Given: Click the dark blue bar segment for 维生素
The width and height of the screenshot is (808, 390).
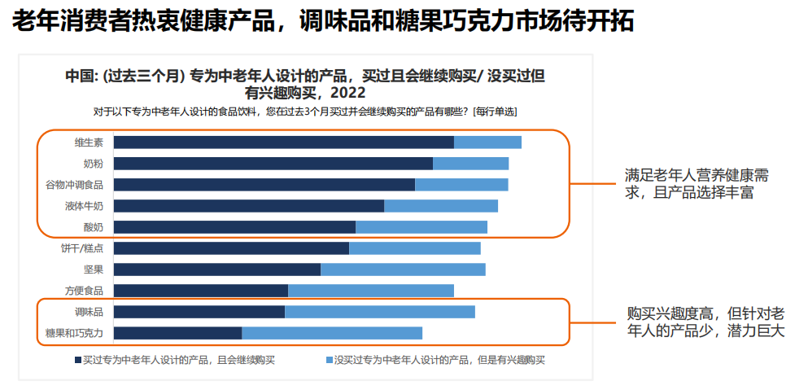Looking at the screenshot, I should [x=283, y=142].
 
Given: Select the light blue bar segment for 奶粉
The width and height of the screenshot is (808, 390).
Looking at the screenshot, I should [x=470, y=164].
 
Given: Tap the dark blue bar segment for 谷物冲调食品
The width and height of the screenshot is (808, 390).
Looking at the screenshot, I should [x=264, y=185].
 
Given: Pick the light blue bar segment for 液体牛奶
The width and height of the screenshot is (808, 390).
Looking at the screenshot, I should [x=440, y=206].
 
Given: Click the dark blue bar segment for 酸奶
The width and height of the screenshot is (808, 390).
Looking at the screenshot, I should [x=234, y=227].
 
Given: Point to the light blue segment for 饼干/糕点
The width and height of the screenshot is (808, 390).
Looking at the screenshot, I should [x=414, y=248].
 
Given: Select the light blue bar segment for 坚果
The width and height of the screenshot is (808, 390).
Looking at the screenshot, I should [x=403, y=269].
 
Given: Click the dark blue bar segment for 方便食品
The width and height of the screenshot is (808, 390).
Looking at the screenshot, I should [x=201, y=291].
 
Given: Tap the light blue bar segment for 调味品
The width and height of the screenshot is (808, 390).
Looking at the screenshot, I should [x=379, y=312].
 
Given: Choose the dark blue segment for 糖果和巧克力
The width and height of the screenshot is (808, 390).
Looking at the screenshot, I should [x=177, y=333].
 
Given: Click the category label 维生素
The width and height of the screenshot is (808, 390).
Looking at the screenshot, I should [x=89, y=142].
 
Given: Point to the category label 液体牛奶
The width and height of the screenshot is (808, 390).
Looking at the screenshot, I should [x=85, y=206].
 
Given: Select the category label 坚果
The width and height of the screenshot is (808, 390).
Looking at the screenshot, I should [x=94, y=269].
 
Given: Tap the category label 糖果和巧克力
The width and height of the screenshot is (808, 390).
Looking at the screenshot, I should [x=74, y=333].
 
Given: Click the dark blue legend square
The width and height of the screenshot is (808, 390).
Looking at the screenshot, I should [x=77, y=359].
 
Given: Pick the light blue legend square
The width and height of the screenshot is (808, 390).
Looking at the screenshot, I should [x=330, y=359].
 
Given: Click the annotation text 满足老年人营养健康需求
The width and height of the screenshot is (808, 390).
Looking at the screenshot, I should [x=697, y=184].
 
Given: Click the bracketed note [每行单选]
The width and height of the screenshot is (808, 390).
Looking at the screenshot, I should [x=494, y=111].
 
